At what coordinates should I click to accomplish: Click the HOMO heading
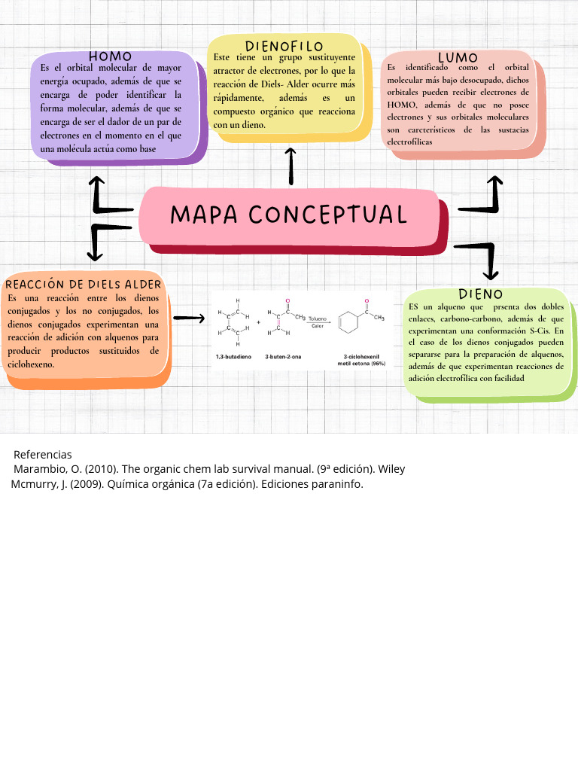(110, 56)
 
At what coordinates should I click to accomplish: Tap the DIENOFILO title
(284, 46)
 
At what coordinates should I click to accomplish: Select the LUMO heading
(458, 57)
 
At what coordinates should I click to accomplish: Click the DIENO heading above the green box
(480, 294)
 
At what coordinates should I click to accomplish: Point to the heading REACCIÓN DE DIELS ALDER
(83, 284)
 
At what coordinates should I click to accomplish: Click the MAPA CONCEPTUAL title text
(288, 215)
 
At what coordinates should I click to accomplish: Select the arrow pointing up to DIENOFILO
(291, 166)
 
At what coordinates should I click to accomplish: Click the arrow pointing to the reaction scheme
(189, 318)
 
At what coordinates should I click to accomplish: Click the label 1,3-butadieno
(233, 356)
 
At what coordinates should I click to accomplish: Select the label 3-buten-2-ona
(283, 356)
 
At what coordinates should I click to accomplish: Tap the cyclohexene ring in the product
(348, 322)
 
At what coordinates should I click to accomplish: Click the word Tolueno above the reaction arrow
(318, 318)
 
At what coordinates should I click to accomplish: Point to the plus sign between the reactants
(259, 322)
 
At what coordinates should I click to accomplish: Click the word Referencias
(43, 454)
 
